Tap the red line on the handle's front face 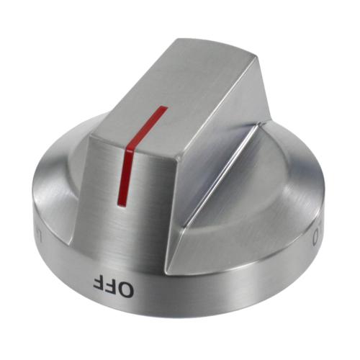click(x=125, y=173)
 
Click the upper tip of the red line click(x=164, y=108)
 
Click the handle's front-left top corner click(x=93, y=131)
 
